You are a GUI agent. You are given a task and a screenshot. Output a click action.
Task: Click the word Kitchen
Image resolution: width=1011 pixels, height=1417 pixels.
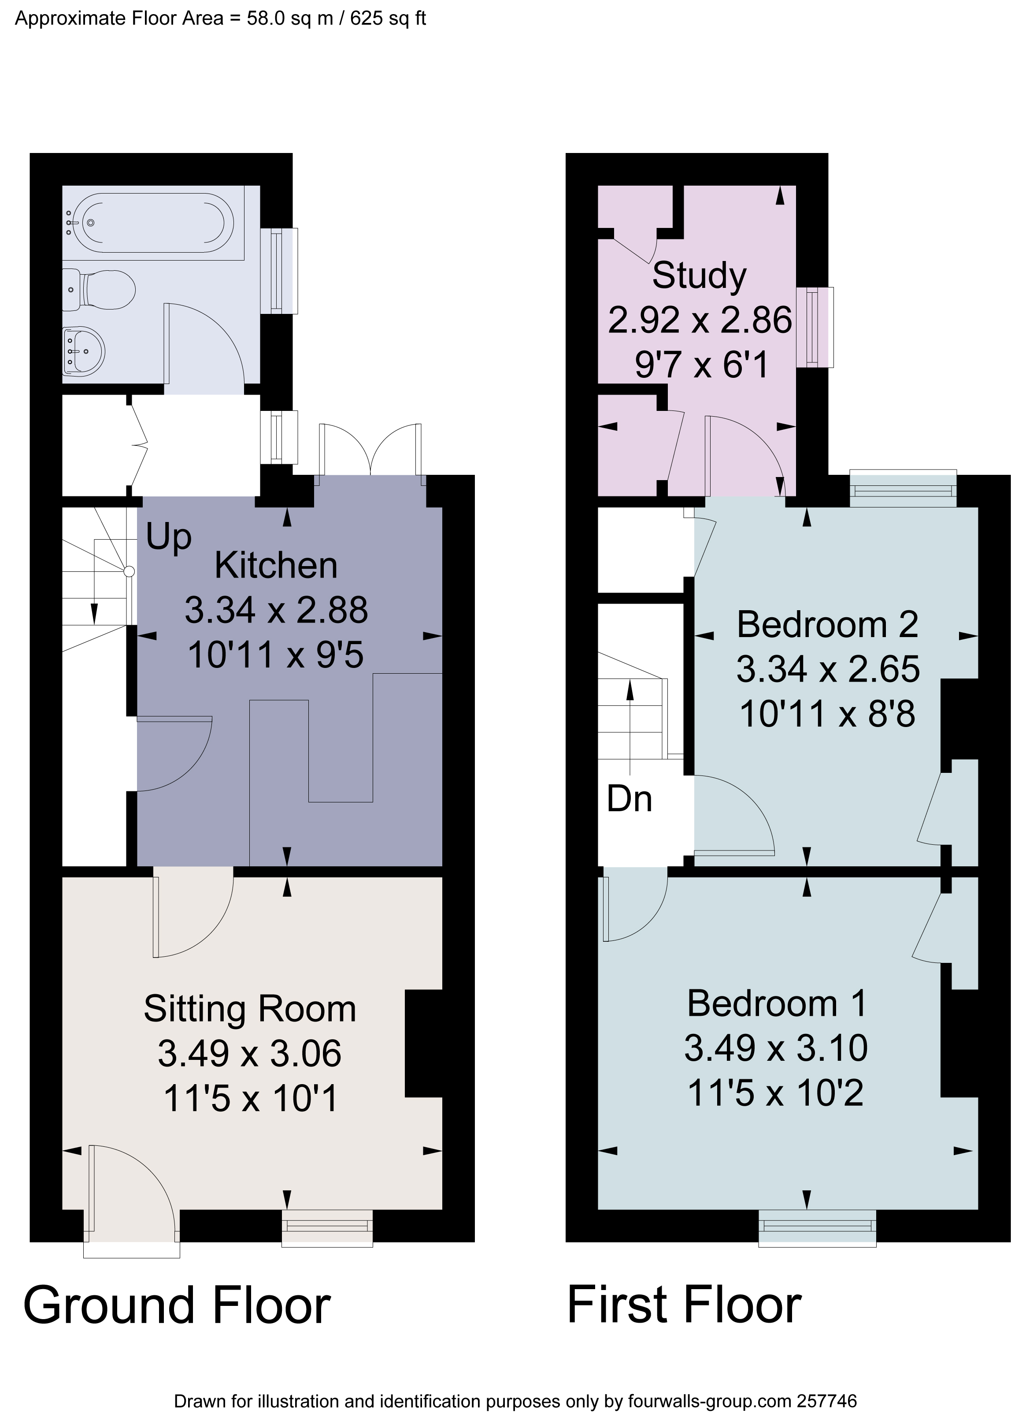pos(276,566)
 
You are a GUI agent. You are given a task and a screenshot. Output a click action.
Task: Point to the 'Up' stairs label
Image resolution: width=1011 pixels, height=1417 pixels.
pos(168,537)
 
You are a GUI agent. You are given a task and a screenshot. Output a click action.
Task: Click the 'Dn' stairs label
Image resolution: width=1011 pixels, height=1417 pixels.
pos(629,799)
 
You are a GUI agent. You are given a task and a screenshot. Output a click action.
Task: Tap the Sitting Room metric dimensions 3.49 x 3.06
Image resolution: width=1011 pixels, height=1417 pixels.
pos(249,1053)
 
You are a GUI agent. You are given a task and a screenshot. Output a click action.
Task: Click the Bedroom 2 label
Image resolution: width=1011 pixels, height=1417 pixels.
pos(827,624)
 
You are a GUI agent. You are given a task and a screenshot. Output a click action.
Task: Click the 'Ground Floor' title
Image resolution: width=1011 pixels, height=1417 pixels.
pos(177,1306)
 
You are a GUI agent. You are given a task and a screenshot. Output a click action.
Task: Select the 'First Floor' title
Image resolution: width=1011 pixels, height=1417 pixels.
pos(684,1306)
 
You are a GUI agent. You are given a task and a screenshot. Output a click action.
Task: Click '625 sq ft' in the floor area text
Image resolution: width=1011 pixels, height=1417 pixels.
pos(387,19)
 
